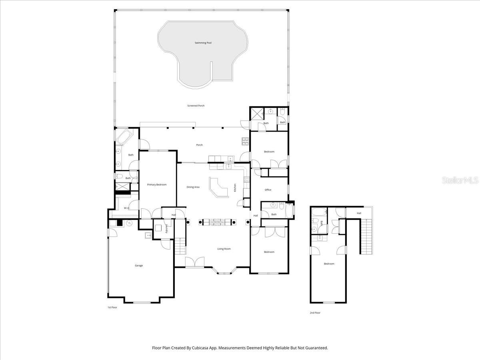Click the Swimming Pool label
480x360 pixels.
[x=203, y=43]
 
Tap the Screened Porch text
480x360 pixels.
[x=196, y=106]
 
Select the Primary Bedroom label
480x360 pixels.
[x=156, y=184]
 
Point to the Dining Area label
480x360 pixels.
[x=193, y=187]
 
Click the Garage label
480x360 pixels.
[x=138, y=266]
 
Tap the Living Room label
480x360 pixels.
[x=224, y=249]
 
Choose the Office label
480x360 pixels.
[x=268, y=190]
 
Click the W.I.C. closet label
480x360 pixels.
[x=126, y=208]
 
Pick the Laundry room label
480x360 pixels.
[x=167, y=229]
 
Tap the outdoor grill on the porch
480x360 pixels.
[x=245, y=141]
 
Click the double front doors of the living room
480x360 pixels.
[x=194, y=262]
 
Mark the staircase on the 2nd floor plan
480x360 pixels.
[x=367, y=236]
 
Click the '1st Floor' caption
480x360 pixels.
[x=112, y=307]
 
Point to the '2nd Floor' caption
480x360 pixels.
[x=315, y=312]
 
